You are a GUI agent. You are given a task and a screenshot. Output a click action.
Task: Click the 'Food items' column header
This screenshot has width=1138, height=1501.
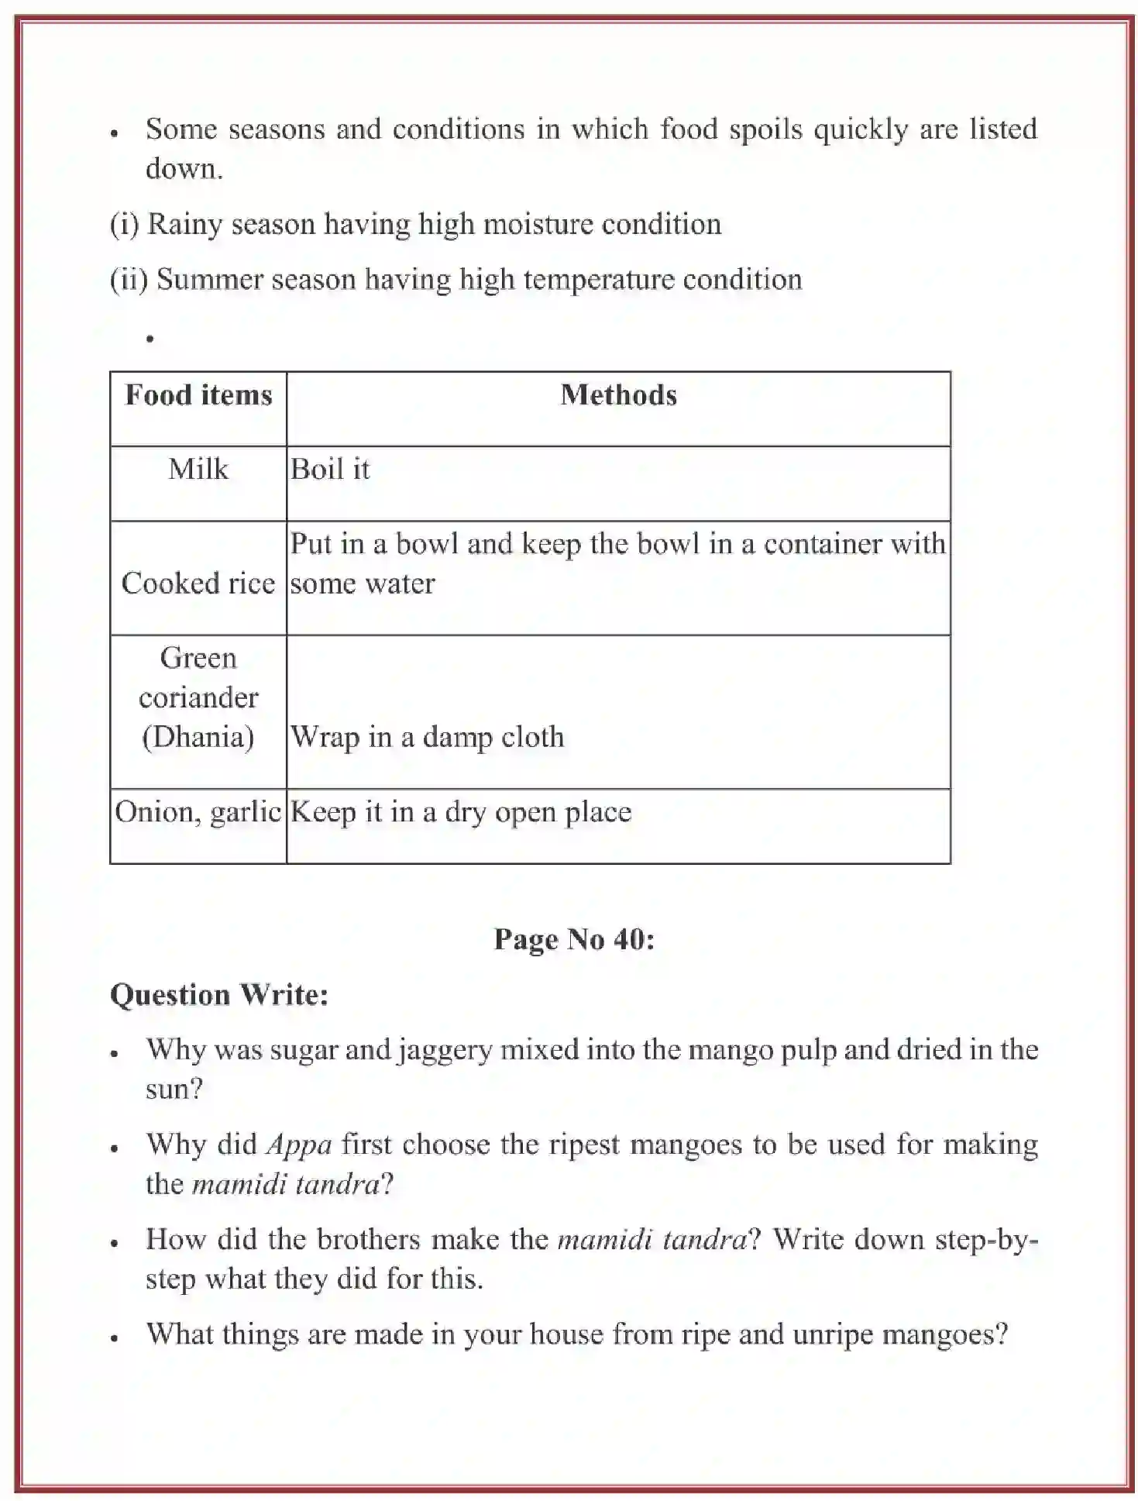click(x=198, y=395)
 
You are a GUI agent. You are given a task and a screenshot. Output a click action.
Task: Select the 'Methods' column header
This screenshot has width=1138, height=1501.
click(x=618, y=395)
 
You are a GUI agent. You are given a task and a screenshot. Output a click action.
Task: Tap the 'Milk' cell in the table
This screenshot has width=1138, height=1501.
click(x=198, y=470)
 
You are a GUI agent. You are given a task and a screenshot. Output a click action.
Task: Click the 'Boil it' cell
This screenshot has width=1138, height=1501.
click(x=330, y=470)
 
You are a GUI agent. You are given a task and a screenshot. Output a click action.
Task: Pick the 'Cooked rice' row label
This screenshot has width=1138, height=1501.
click(x=198, y=584)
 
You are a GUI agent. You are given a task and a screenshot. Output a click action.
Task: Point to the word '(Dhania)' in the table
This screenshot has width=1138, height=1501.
click(x=198, y=737)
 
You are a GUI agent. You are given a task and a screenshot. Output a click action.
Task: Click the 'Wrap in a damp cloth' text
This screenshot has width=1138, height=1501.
click(x=427, y=737)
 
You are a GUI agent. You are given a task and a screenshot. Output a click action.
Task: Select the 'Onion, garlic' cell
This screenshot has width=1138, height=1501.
click(x=198, y=812)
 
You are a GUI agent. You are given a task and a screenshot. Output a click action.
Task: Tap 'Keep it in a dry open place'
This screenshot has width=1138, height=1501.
click(x=461, y=812)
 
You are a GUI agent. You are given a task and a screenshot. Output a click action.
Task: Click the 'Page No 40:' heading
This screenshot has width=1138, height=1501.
click(x=574, y=939)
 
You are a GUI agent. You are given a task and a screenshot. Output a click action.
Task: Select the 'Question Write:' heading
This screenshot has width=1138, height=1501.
click(x=219, y=995)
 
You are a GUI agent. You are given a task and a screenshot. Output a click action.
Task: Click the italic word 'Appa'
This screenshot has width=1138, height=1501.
click(x=299, y=1145)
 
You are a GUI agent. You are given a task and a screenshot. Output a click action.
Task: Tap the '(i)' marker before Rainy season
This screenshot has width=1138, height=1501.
click(x=124, y=225)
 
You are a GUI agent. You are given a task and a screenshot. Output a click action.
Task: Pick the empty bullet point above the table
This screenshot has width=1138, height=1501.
click(x=150, y=339)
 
